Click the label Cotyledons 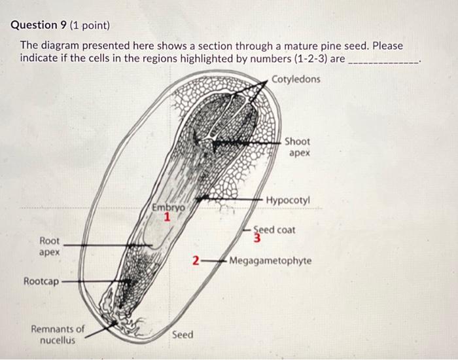[x=296, y=80]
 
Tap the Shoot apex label [x=297, y=147]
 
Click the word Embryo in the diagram [x=167, y=207]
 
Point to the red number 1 [x=167, y=218]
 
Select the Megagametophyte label [x=270, y=261]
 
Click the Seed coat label [x=275, y=230]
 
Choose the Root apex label [x=50, y=246]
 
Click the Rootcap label [x=41, y=281]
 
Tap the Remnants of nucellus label [x=58, y=334]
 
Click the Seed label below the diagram [x=183, y=335]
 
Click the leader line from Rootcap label [x=92, y=282]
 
